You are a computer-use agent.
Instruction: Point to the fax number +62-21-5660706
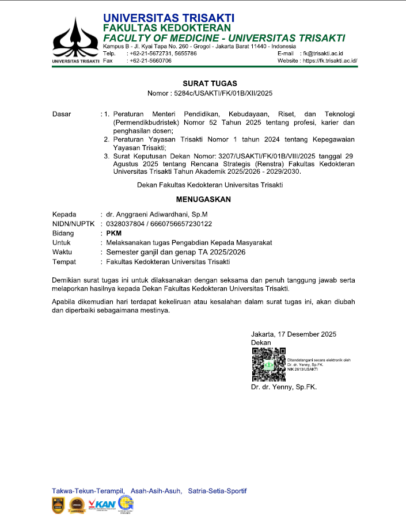tap(150, 60)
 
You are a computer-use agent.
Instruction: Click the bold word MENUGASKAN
tap(203, 200)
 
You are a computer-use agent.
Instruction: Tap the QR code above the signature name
tap(268, 364)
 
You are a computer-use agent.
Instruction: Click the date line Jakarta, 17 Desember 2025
tap(294, 334)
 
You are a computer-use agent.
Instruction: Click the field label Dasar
tap(62, 114)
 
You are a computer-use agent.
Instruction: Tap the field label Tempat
tap(64, 262)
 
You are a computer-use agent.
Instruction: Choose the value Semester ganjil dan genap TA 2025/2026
tap(176, 252)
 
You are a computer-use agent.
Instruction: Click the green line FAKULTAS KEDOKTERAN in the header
tap(167, 28)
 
